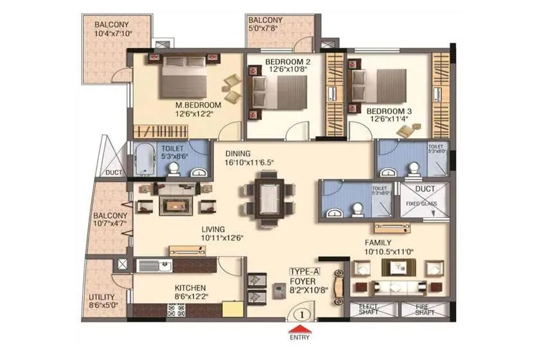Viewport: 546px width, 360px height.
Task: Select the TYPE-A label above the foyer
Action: (x=304, y=272)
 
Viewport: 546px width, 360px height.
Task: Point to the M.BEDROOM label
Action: (x=198, y=105)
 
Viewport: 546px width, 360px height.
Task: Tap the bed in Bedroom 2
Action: (x=279, y=93)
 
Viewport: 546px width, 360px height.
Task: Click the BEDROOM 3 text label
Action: (x=390, y=111)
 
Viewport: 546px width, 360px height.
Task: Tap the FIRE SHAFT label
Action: (x=425, y=310)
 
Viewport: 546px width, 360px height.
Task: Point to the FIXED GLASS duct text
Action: (x=421, y=204)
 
